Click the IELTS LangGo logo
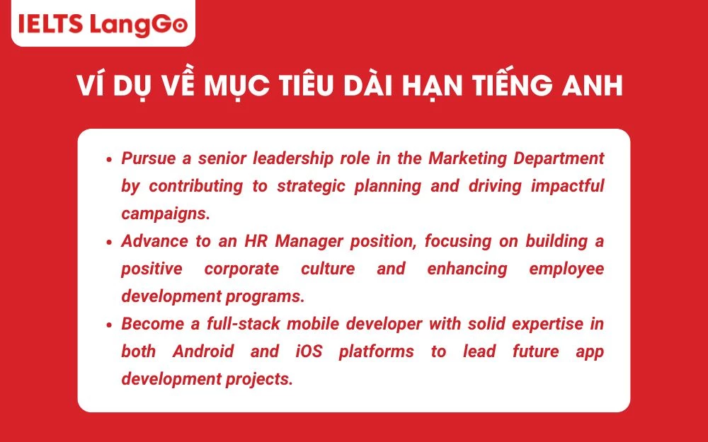tap(103, 24)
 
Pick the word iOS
tap(307, 351)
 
